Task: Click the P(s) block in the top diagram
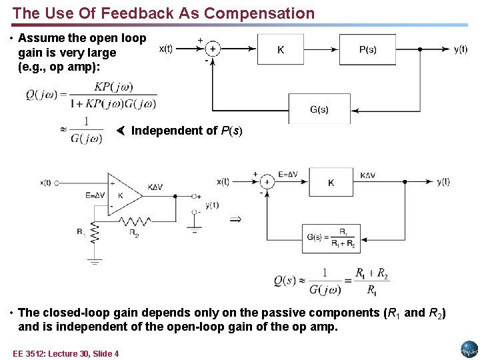click(x=367, y=49)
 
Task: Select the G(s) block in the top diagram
click(x=319, y=109)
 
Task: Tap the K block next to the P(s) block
click(x=281, y=49)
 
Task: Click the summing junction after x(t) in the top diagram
click(x=213, y=49)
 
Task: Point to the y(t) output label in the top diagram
click(x=461, y=49)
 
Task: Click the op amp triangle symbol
click(x=124, y=195)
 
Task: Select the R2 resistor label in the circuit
click(x=134, y=235)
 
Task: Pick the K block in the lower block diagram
click(x=331, y=183)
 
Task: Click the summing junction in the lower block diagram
click(x=267, y=182)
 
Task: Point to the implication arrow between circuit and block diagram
click(x=235, y=218)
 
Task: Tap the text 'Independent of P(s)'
click(x=187, y=131)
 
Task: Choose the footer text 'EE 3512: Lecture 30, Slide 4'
click(x=65, y=353)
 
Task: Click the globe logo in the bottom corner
click(x=469, y=349)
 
